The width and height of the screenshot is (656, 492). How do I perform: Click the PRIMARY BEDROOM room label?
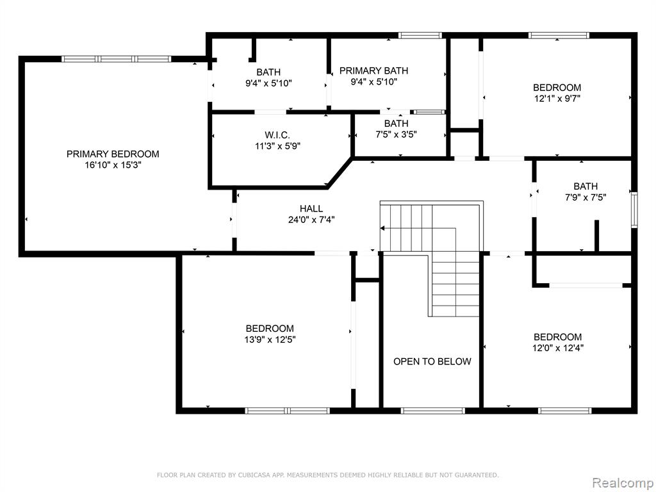(113, 154)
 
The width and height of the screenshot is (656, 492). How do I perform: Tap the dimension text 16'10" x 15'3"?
(113, 165)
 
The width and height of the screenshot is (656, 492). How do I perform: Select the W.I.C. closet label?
(277, 135)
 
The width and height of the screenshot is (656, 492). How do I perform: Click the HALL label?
(311, 208)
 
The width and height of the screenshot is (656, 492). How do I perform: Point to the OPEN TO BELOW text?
(432, 361)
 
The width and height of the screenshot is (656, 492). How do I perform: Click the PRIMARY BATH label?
(373, 70)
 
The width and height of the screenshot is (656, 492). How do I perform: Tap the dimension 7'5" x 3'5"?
(396, 135)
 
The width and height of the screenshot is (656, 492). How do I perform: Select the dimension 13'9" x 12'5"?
(270, 340)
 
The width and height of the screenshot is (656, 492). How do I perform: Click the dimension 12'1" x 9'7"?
(557, 99)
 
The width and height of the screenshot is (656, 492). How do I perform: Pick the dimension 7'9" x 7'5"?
(586, 197)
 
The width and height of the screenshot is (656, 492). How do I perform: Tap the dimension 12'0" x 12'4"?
(558, 348)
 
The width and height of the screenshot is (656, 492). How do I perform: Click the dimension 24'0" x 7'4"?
(311, 219)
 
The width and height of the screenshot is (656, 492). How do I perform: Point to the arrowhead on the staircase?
(382, 229)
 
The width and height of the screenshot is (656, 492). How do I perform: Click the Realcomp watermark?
(623, 483)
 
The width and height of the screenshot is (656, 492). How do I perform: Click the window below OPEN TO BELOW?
(433, 411)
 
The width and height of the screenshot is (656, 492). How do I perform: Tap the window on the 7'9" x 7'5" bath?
(634, 209)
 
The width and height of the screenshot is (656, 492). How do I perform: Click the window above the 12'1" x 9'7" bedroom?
(559, 36)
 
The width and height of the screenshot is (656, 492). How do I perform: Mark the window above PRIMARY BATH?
(420, 36)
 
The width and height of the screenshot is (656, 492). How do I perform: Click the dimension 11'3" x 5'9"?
(278, 146)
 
